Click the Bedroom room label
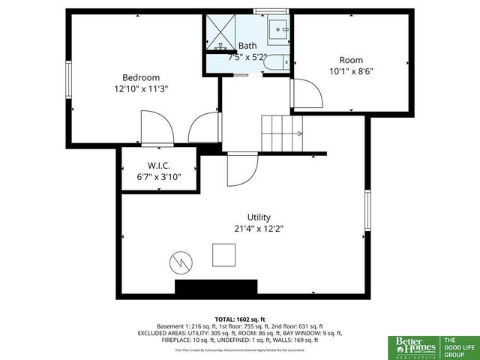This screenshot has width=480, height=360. point(141,77)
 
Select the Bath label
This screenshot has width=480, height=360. point(247,46)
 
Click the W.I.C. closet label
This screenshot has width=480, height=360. point(159,166)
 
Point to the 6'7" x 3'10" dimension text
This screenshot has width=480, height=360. point(159,177)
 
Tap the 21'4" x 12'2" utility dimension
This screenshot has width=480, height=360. point(258,229)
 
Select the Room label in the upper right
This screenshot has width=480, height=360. point(351,60)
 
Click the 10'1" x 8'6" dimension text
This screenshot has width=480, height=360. point(352,71)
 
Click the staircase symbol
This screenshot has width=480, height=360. point(281,133)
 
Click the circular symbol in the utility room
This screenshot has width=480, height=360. point(180,262)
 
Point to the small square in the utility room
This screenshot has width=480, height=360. point(223,254)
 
